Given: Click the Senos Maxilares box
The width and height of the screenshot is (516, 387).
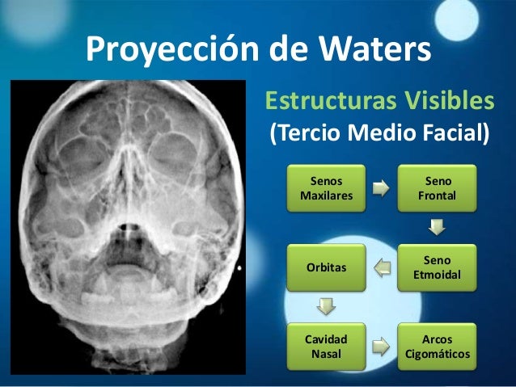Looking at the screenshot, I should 326,189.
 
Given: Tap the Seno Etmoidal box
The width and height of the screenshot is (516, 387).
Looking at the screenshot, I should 438,268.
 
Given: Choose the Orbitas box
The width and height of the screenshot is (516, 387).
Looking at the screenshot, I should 326,268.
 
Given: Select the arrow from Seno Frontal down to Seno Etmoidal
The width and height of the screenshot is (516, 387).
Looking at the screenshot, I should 438,228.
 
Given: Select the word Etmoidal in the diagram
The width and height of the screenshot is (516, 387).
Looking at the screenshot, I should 438,276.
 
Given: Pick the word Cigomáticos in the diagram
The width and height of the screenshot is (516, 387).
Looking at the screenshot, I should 438,354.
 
